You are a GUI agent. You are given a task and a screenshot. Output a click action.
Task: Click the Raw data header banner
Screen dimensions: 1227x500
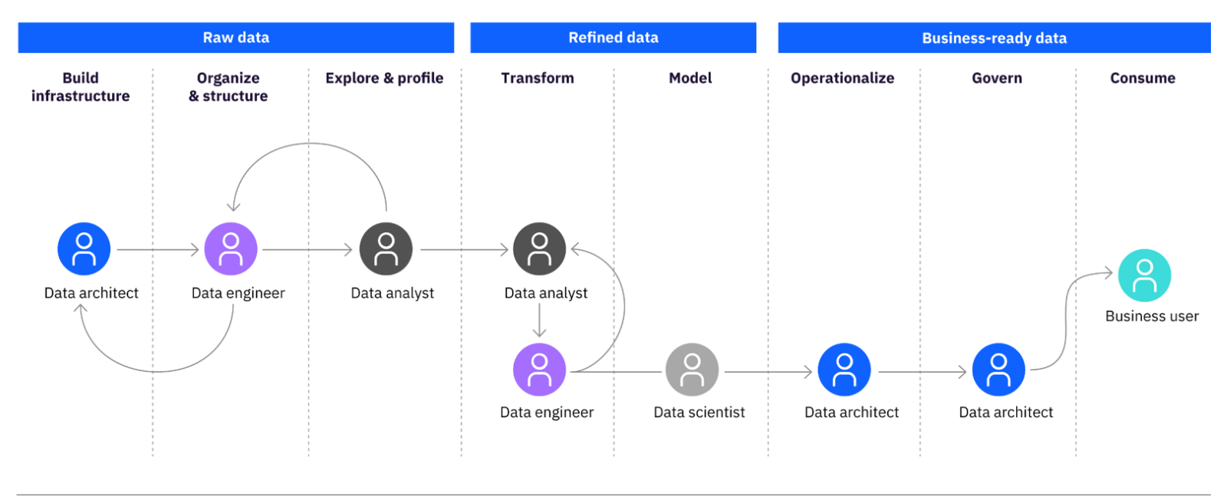tap(235, 38)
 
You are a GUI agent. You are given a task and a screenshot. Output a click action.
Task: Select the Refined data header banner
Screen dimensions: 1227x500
tap(613, 38)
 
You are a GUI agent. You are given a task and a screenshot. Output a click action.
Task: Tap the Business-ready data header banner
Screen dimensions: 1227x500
tap(994, 38)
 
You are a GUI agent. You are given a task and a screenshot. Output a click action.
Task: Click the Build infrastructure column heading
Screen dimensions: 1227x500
tap(81, 87)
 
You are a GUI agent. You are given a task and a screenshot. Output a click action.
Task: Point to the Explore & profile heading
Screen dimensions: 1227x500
tap(384, 77)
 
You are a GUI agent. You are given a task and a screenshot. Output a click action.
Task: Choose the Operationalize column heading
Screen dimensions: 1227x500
tap(843, 78)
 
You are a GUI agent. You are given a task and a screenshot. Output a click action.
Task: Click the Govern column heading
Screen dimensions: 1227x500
tap(997, 77)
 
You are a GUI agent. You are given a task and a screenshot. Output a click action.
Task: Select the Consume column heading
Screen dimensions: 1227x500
tap(1143, 77)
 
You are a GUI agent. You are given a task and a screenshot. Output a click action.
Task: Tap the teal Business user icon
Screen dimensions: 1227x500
tap(1144, 275)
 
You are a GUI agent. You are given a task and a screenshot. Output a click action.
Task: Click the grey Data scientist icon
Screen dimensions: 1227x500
tap(692, 370)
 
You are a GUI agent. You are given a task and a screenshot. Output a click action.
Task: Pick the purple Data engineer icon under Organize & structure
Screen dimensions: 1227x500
tap(231, 248)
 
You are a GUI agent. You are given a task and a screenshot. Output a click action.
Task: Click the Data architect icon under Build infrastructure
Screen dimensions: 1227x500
tap(84, 248)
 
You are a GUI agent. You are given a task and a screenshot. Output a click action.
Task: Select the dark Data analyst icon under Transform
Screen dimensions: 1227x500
tap(540, 248)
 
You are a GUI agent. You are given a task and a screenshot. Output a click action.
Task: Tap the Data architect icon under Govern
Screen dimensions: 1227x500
tap(998, 370)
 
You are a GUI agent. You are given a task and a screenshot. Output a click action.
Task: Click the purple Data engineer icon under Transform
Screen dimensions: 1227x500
tap(540, 370)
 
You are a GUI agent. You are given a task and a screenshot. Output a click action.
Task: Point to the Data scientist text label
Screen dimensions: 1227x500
tap(699, 413)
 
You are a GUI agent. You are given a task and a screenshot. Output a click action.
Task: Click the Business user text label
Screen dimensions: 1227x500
tap(1152, 316)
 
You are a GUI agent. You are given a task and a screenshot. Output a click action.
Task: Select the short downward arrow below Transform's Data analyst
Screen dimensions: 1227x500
tap(540, 320)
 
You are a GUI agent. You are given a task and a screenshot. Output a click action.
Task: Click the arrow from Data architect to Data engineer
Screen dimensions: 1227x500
tap(158, 250)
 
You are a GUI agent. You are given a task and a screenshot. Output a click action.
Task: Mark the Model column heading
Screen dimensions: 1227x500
tap(690, 77)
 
